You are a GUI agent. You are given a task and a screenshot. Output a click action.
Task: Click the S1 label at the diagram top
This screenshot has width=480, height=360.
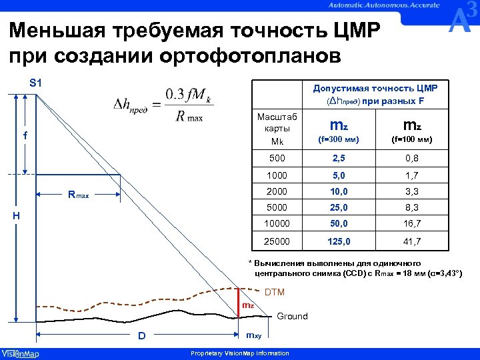coord(35,83)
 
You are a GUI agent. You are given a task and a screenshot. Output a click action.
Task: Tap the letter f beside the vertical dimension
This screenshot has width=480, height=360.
coord(25,135)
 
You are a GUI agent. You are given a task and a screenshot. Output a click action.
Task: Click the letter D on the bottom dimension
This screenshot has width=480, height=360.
coord(141,336)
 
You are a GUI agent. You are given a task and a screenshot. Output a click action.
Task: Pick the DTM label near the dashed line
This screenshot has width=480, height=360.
coord(275,292)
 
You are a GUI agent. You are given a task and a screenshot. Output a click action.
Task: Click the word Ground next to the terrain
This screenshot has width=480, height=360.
coord(292,316)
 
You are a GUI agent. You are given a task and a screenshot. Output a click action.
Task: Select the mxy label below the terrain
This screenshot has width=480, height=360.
coord(254,335)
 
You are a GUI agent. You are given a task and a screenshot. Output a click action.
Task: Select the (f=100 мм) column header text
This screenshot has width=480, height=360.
coord(411,140)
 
